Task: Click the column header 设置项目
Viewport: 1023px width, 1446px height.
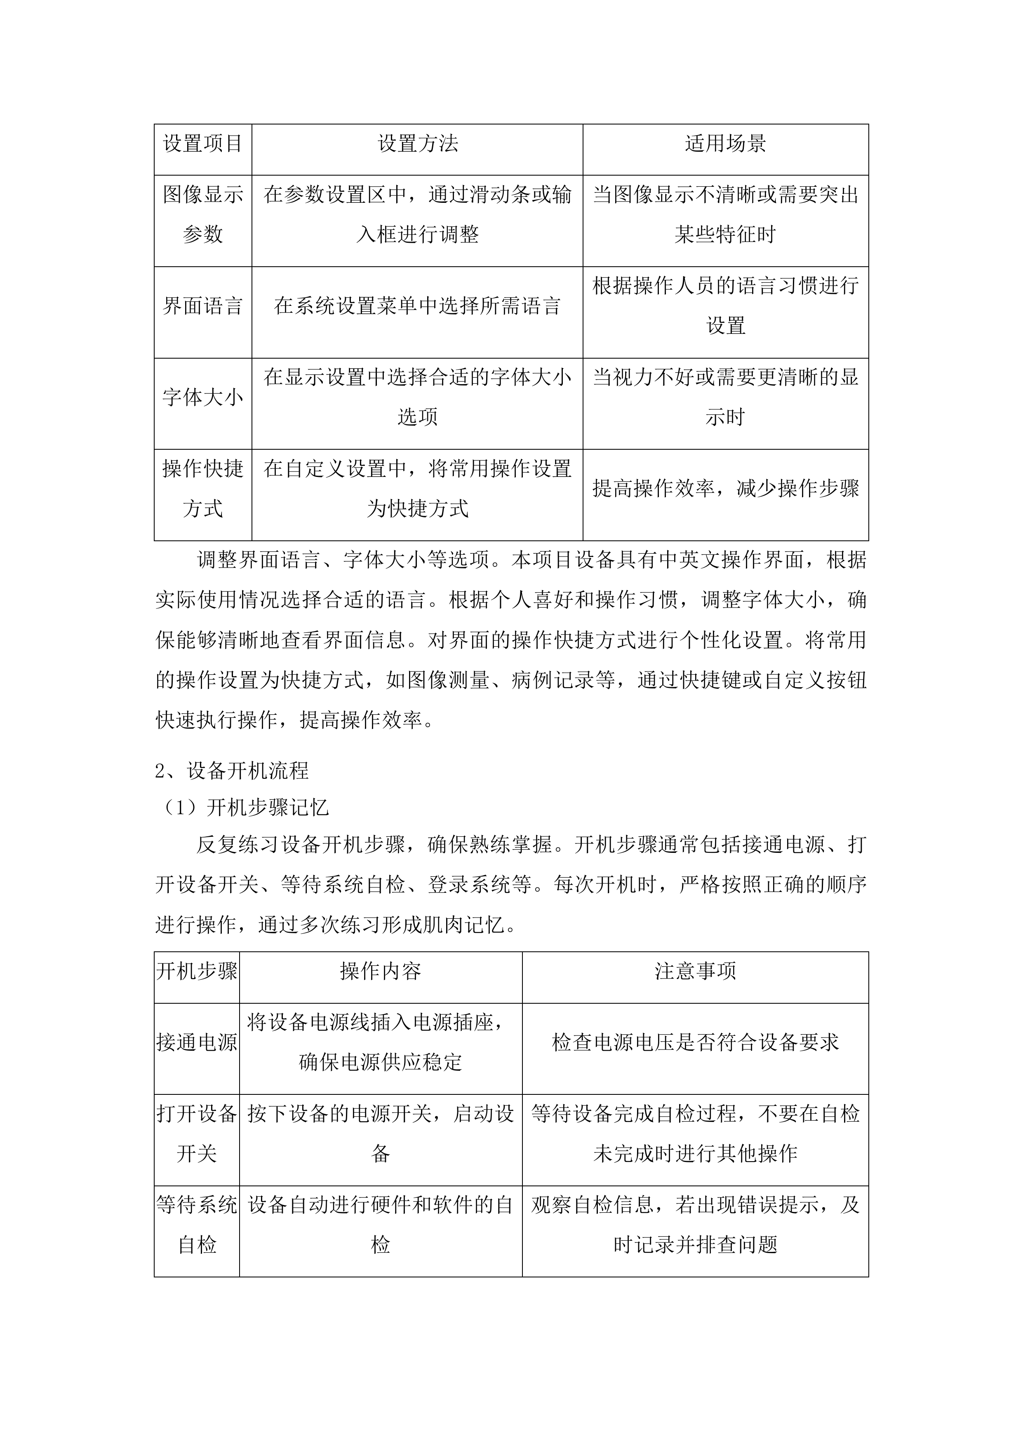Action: click(x=203, y=144)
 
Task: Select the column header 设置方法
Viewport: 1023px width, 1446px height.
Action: click(x=418, y=144)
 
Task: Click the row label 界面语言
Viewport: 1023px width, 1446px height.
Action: click(x=203, y=307)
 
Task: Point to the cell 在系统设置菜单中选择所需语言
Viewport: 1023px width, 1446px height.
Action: click(x=418, y=307)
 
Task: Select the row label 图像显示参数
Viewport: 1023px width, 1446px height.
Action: click(x=203, y=215)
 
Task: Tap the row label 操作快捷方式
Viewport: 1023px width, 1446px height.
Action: click(x=203, y=489)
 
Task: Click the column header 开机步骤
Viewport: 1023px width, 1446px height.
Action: click(x=197, y=972)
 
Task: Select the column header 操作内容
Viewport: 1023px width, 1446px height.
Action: click(x=381, y=972)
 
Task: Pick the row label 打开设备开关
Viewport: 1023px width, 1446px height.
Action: click(x=197, y=1134)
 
